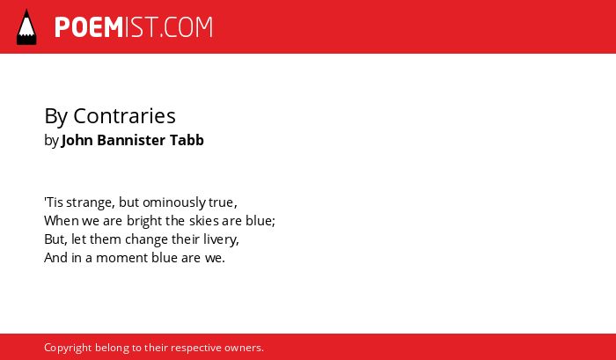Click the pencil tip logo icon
26,26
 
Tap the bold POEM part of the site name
89,27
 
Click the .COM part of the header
187,27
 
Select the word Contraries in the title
125,116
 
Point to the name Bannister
131,140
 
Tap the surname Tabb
187,140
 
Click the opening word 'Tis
54,202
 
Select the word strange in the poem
91,203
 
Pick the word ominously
174,203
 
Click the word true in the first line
223,202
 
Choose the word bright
144,222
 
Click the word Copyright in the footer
68,349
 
